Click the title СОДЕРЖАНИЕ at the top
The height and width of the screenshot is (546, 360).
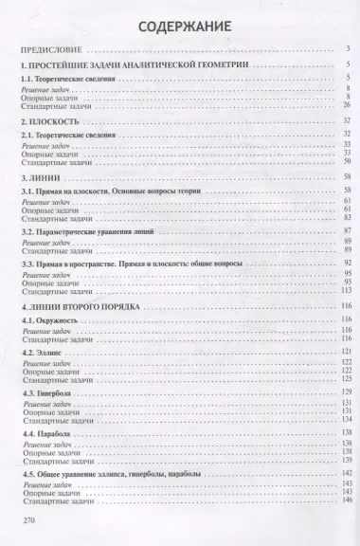179,26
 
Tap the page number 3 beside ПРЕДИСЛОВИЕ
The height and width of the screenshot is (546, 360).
350,48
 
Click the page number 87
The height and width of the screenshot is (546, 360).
348,231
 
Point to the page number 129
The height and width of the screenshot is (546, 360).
346,391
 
